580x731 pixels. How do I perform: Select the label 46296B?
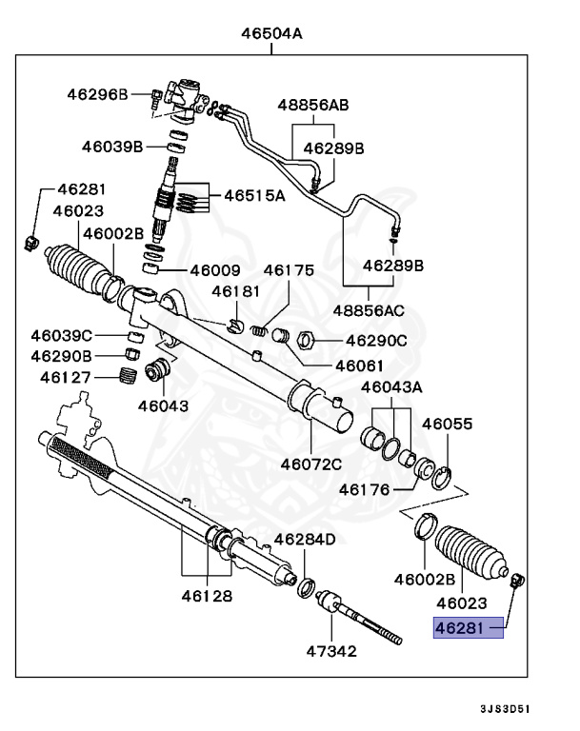(x=97, y=93)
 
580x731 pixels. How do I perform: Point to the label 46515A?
(x=254, y=196)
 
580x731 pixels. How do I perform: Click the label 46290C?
(x=376, y=340)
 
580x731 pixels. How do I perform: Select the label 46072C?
(x=310, y=464)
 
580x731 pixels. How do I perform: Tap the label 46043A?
(x=391, y=387)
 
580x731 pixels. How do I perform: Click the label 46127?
(x=66, y=377)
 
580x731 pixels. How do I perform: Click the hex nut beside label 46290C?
(x=308, y=338)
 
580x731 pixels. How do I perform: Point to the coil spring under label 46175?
(x=256, y=330)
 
